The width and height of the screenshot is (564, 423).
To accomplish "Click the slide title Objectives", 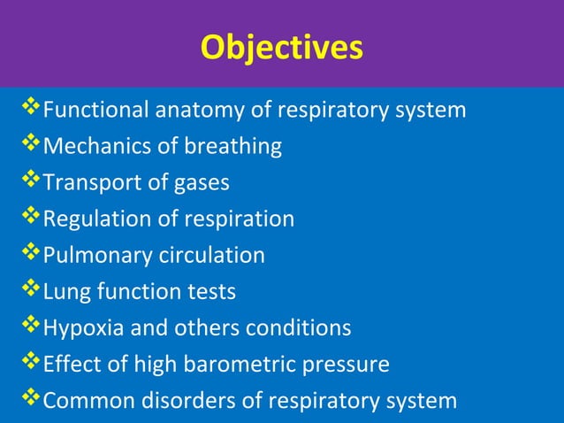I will [281, 47].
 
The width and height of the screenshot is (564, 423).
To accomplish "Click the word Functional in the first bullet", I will [96, 111].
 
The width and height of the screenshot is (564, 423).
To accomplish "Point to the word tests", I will [215, 292].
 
